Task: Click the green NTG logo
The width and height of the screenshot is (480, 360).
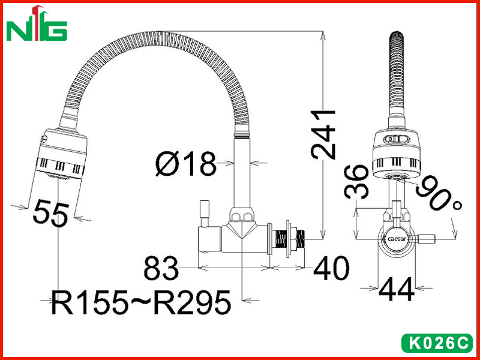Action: click(x=37, y=23)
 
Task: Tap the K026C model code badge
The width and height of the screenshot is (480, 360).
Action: click(x=437, y=343)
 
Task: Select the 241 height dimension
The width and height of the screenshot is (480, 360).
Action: click(x=323, y=134)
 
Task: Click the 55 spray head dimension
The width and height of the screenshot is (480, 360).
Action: click(x=51, y=213)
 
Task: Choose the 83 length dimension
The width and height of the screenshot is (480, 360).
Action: click(x=161, y=268)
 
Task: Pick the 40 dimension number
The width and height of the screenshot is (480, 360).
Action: click(x=331, y=268)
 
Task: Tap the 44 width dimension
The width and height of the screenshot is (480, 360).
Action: click(x=397, y=289)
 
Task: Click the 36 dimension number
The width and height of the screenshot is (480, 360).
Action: click(x=356, y=182)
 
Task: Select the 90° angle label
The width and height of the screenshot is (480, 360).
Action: click(x=439, y=193)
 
